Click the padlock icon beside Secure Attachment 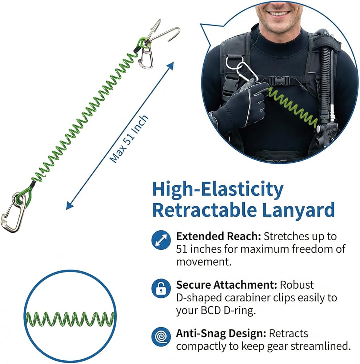point(161,288)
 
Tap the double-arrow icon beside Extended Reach point(161,240)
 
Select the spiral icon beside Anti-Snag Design point(161,337)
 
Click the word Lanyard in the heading point(298,210)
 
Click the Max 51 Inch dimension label point(129,139)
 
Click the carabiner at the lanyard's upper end point(146,57)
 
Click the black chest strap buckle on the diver point(280,81)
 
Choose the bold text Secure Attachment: point(227,285)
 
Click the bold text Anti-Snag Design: point(221,333)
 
